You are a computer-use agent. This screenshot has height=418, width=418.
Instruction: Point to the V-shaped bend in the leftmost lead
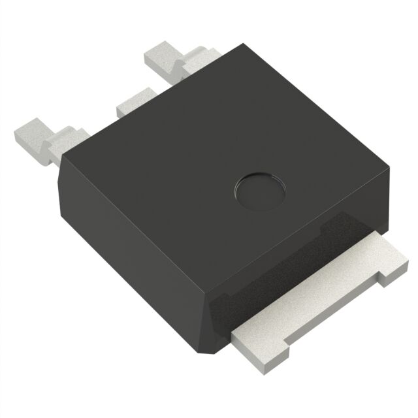pos(53,146)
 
